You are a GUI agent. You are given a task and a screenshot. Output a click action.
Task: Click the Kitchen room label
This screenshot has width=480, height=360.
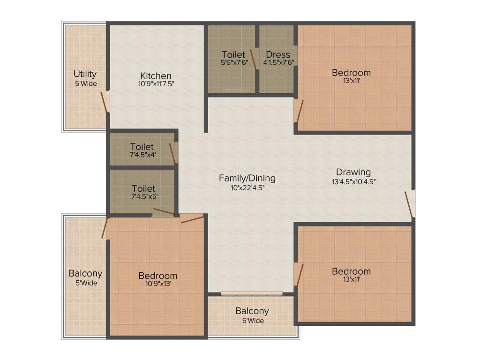[156, 76]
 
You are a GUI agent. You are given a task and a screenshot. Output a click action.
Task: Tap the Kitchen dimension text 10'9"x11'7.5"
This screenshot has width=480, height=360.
[156, 84]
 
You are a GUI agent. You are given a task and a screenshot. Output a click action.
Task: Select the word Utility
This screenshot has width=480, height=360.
[85, 74]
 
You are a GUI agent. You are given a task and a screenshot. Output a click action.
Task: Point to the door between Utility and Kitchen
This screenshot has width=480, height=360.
[105, 102]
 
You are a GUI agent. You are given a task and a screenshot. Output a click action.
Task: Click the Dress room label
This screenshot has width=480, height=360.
[278, 55]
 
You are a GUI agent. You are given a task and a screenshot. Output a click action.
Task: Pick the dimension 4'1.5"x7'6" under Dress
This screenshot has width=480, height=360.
[278, 62]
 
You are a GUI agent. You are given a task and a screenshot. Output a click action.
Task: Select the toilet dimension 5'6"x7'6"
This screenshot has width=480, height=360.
[233, 62]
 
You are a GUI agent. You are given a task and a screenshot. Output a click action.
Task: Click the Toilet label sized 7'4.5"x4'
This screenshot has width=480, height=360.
[142, 147]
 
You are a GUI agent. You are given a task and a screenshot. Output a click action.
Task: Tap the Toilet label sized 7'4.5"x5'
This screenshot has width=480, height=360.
[143, 188]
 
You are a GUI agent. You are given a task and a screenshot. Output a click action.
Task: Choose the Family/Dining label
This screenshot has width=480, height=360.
[247, 178]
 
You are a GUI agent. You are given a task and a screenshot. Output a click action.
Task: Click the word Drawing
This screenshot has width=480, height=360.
[353, 172]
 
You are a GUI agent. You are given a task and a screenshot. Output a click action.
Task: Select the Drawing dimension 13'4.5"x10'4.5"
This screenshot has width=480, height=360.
[353, 181]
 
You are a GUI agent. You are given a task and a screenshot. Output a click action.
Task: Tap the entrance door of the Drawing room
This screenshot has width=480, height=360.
[411, 204]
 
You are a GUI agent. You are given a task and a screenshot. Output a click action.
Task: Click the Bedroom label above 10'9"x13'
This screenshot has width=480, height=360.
[158, 276]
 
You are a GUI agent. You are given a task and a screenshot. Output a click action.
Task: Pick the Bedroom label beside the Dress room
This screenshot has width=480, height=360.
[351, 73]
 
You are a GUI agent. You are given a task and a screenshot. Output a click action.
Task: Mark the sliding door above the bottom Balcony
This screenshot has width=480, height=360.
[252, 294]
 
